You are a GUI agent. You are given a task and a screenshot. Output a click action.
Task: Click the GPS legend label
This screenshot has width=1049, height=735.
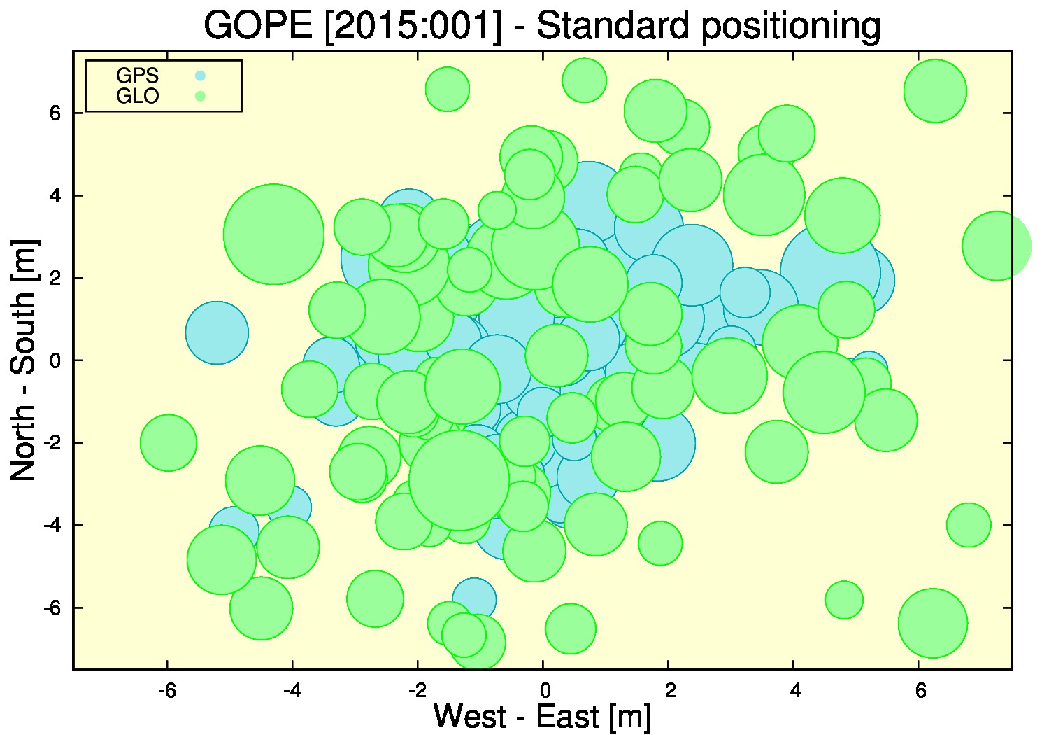[137, 76]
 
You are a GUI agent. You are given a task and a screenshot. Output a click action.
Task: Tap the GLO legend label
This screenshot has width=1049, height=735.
[137, 96]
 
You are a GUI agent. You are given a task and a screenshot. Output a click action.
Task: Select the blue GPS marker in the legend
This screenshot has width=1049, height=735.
[200, 76]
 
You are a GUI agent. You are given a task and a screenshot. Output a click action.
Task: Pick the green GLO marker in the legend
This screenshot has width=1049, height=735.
[200, 96]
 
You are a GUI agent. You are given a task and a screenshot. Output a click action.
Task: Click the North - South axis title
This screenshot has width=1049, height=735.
[23, 360]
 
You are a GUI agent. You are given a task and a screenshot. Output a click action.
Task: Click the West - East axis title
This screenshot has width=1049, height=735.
[542, 716]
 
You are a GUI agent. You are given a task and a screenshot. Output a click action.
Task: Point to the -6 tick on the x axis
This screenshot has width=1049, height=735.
[167, 691]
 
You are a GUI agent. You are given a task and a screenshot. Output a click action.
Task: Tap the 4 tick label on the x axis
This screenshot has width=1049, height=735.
[795, 691]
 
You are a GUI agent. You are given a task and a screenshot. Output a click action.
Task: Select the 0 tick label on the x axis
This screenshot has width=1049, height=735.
[545, 691]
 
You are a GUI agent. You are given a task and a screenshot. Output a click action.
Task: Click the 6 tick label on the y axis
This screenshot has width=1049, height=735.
[56, 113]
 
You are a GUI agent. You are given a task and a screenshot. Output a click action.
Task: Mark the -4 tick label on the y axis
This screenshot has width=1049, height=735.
[52, 525]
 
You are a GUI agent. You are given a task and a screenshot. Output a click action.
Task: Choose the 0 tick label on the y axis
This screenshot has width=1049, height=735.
[56, 360]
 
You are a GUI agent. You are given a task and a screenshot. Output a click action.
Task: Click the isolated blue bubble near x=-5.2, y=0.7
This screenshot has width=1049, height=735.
[217, 332]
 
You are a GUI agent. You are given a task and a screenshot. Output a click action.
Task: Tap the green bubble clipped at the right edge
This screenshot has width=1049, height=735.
[997, 246]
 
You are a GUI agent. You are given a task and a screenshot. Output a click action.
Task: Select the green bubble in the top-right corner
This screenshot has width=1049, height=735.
[935, 91]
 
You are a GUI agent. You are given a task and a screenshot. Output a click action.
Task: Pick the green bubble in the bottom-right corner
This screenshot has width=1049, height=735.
[933, 624]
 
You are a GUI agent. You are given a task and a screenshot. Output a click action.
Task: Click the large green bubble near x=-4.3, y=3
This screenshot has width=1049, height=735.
[273, 234]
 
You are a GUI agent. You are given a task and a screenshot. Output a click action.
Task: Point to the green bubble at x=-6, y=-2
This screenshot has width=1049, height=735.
[168, 443]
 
